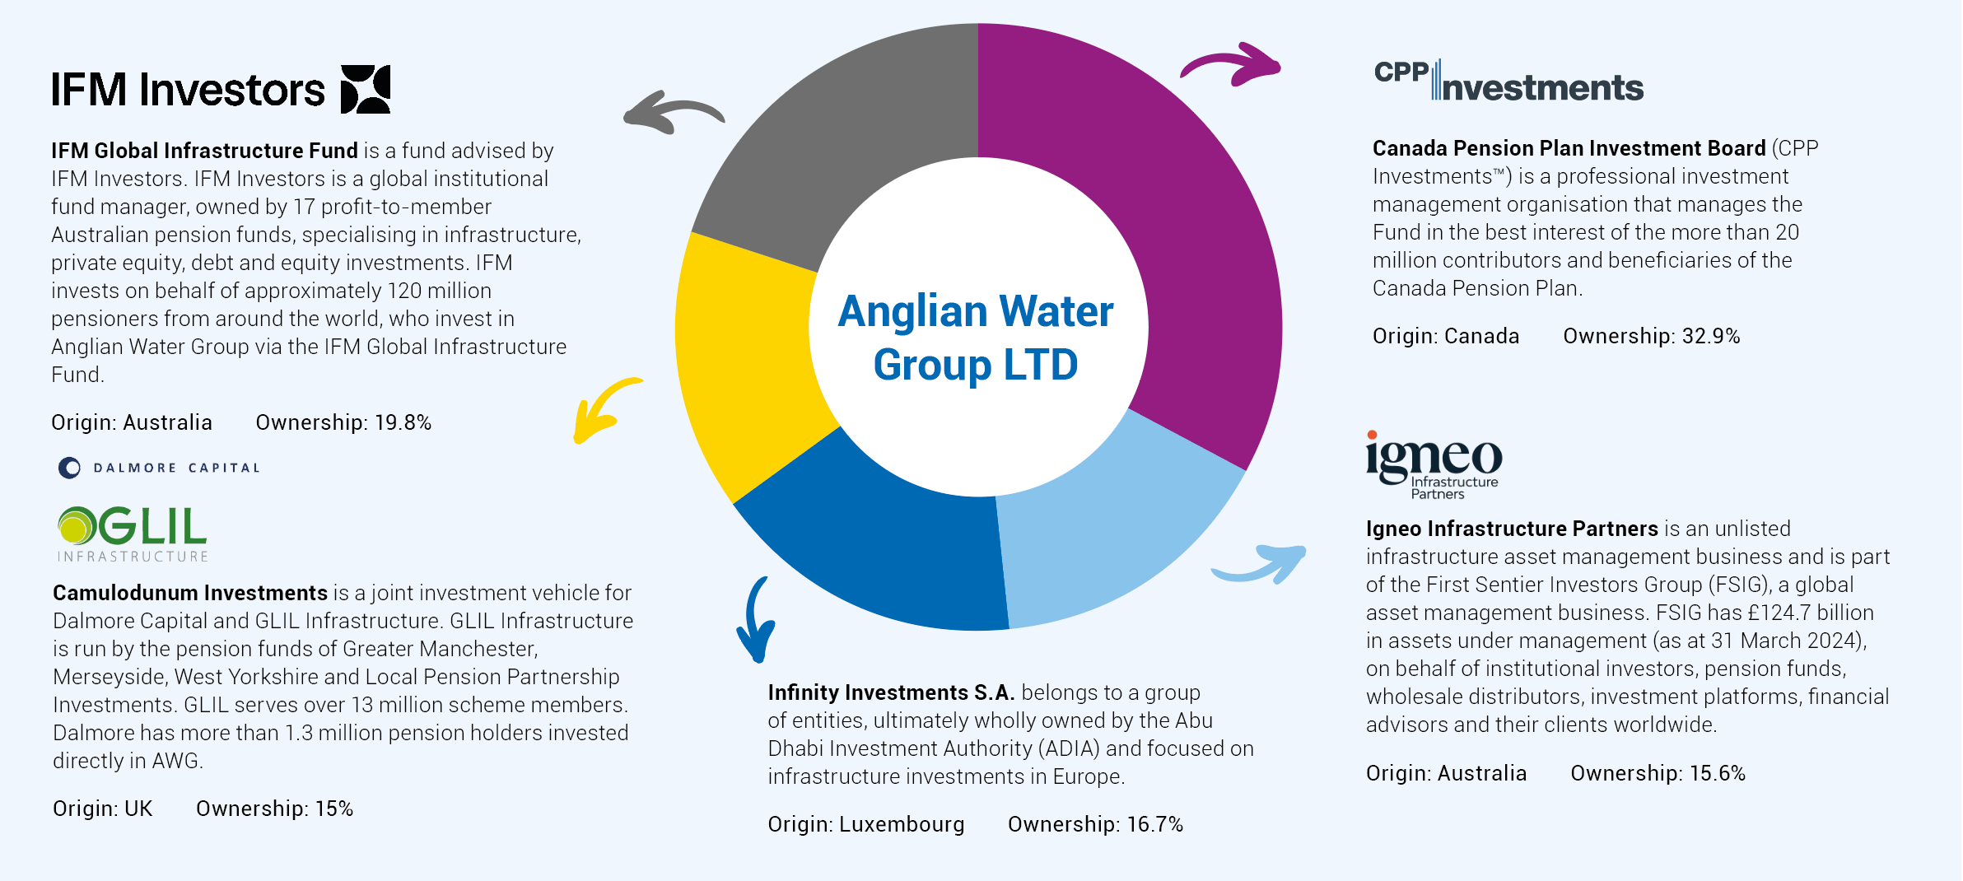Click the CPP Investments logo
click(x=1508, y=81)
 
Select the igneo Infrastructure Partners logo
click(x=1434, y=465)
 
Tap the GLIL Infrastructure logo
click(x=132, y=534)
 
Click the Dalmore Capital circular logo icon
click(x=70, y=468)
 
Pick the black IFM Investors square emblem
click(x=366, y=89)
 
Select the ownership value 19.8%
click(x=403, y=422)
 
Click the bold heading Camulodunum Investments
click(x=190, y=593)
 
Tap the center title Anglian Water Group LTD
click(x=977, y=338)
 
